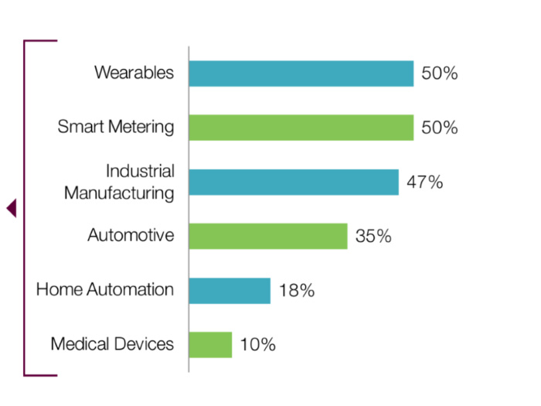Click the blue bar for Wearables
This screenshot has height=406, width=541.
(x=301, y=73)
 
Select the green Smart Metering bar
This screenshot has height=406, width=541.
(x=301, y=128)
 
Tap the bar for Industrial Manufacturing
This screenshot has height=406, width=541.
(x=294, y=183)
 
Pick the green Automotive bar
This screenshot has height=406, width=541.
(x=268, y=236)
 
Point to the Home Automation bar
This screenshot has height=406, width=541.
(x=230, y=291)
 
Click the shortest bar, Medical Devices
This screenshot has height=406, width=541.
(x=210, y=344)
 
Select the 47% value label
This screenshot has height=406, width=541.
(x=424, y=183)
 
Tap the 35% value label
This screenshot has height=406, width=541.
(x=373, y=236)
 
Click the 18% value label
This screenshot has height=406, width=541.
(x=296, y=291)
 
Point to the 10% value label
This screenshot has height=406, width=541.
(x=257, y=344)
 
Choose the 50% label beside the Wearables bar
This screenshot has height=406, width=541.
(x=440, y=73)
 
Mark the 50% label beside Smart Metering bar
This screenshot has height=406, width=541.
(x=440, y=128)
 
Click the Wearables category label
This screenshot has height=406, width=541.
(x=134, y=73)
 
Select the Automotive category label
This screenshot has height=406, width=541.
(x=131, y=235)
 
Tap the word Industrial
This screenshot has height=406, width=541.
(x=140, y=171)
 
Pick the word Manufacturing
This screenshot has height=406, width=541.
(x=119, y=193)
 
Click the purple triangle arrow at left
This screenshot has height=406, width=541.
(x=11, y=208)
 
